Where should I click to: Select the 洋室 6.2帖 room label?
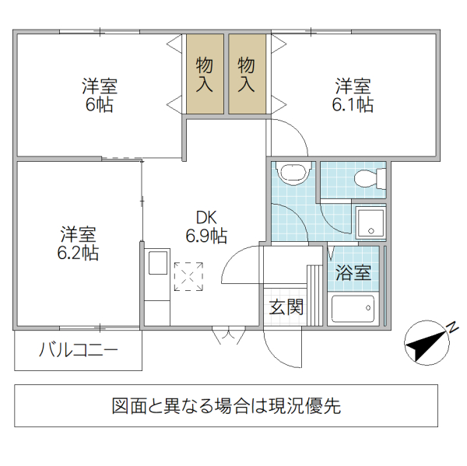[79, 243]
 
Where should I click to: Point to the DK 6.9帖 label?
[205, 226]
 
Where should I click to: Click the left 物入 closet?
[205, 74]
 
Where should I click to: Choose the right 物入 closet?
[247, 74]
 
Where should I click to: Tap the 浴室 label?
[353, 273]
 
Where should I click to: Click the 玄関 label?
[286, 307]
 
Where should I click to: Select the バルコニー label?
[79, 351]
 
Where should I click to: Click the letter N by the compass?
[451, 328]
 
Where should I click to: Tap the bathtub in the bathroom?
[353, 310]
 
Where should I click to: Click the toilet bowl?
[365, 179]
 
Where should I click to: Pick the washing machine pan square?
[370, 222]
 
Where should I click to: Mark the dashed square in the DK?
[188, 277]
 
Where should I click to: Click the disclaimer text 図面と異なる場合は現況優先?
[226, 405]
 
